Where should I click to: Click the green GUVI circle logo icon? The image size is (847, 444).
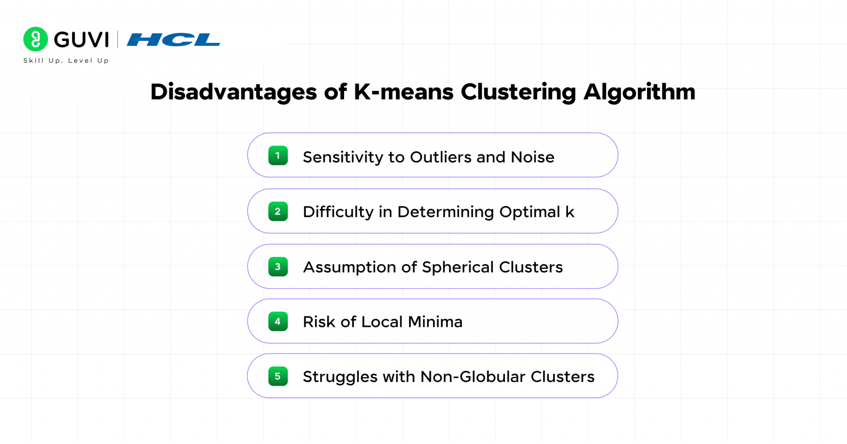pos(36,39)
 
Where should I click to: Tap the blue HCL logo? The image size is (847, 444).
pos(173,40)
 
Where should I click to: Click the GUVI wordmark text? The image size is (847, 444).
pos(81,40)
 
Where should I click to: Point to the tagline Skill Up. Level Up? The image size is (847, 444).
pos(66,61)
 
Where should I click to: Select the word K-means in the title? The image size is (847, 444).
pos(404,92)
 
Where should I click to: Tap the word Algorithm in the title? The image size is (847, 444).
pos(639,92)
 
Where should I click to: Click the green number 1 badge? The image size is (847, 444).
pos(278,156)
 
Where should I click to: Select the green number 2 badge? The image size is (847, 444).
pos(278,211)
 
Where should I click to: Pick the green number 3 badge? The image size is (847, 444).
pos(278,267)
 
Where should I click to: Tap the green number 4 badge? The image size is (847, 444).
pos(278,321)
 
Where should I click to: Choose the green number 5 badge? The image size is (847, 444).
pos(278,376)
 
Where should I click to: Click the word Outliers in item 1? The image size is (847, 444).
pos(440,157)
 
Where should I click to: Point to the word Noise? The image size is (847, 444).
pos(532,157)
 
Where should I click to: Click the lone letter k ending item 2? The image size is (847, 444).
pos(570,212)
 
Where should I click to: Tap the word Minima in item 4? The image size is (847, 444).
pos(435,322)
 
